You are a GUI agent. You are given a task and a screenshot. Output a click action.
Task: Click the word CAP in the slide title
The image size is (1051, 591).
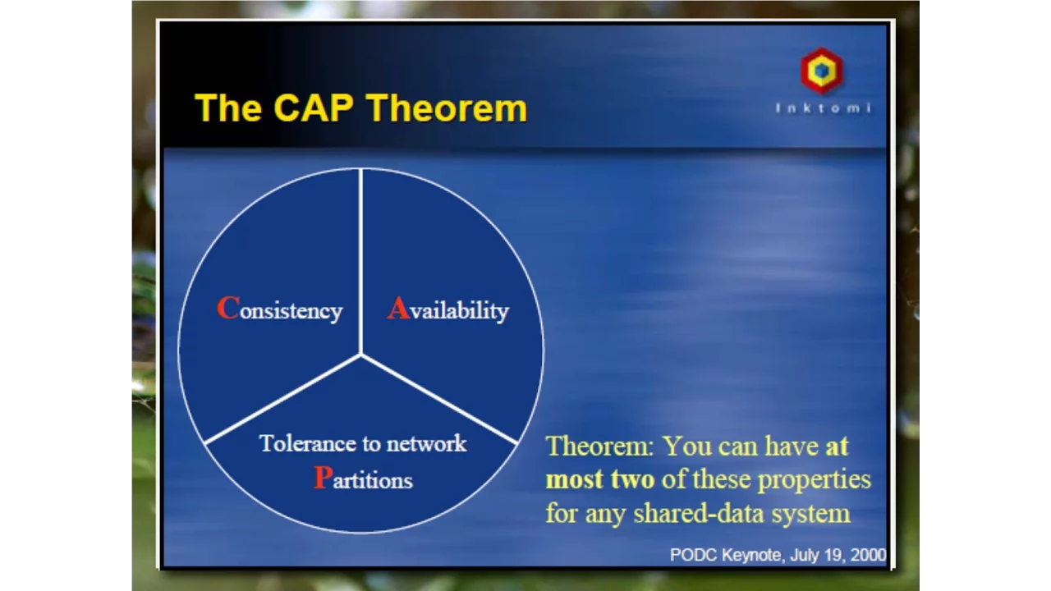coord(314,108)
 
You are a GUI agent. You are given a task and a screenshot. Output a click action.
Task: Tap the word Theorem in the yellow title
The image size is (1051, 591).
coord(447,108)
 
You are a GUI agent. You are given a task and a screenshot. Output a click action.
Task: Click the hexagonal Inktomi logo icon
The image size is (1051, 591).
coord(822,71)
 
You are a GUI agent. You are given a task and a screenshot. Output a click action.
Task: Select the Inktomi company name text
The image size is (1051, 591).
coord(824,108)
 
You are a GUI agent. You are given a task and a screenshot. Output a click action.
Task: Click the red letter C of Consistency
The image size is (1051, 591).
coord(228,308)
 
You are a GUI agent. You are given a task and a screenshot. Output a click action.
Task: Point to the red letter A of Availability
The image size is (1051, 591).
coord(399,308)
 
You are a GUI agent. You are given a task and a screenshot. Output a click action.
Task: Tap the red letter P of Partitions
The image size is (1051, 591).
coord(323,478)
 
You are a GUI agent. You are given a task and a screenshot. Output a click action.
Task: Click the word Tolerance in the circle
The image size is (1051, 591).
coord(307,443)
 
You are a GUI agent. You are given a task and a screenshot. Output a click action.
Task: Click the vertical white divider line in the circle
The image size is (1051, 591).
coord(360,262)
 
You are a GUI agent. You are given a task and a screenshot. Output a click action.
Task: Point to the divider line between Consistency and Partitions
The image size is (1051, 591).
coord(282,399)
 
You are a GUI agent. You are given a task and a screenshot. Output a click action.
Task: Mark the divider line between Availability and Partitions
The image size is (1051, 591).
coord(439,399)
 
